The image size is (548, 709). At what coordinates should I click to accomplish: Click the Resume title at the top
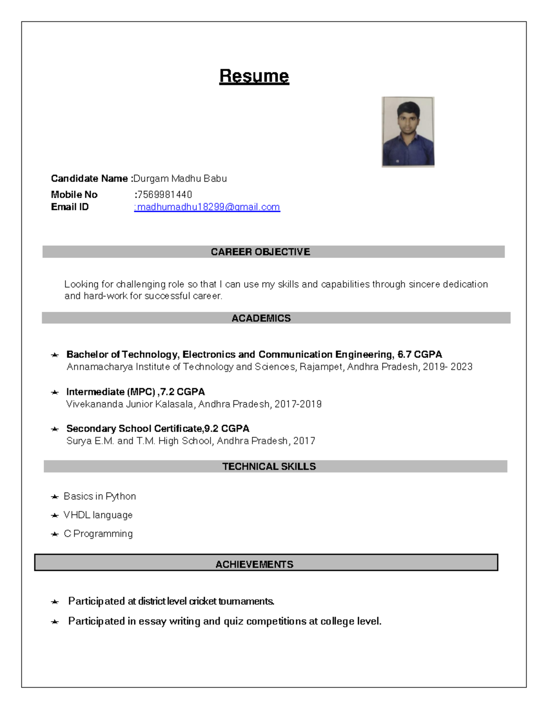click(x=254, y=76)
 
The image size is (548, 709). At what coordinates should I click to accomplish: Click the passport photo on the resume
click(x=408, y=132)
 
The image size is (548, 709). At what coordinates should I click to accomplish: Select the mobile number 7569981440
click(x=164, y=194)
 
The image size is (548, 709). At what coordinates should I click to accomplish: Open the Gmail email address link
click(x=208, y=207)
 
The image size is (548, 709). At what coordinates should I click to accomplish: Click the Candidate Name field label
click(x=90, y=179)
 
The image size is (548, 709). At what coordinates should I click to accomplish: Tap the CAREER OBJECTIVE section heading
click(x=260, y=252)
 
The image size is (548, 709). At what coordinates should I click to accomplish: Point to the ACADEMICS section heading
click(x=261, y=318)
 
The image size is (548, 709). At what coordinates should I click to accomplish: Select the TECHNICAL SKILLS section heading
click(x=269, y=467)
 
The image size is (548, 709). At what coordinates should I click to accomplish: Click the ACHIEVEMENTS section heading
click(x=254, y=564)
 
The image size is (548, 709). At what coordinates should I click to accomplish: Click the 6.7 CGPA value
click(x=420, y=355)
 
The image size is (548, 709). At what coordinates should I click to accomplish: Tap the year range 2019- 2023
click(x=448, y=367)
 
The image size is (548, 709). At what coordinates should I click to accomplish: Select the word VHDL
click(x=77, y=515)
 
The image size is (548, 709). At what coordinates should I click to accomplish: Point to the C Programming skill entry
click(x=98, y=534)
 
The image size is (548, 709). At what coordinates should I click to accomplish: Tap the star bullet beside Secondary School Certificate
click(x=55, y=429)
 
